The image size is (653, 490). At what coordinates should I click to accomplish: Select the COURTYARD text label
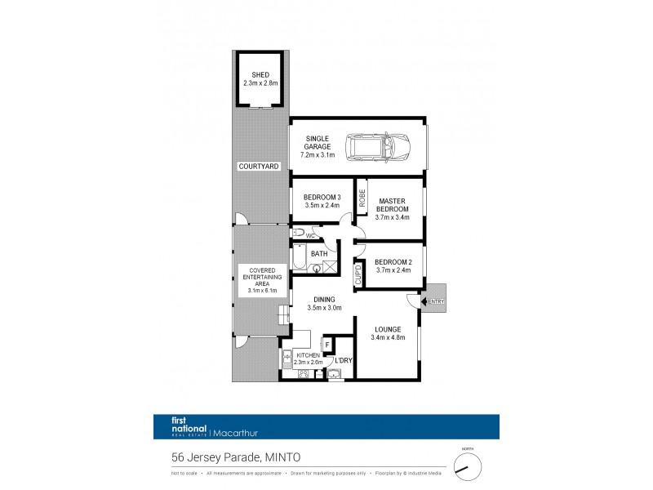pyautogui.click(x=259, y=166)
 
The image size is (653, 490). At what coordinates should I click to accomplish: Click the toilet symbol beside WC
pyautogui.click(x=300, y=235)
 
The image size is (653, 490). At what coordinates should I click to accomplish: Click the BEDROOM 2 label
pyautogui.click(x=393, y=261)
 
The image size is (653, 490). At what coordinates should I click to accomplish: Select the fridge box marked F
pyautogui.click(x=328, y=345)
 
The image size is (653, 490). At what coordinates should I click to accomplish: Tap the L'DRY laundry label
pyautogui.click(x=342, y=360)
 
